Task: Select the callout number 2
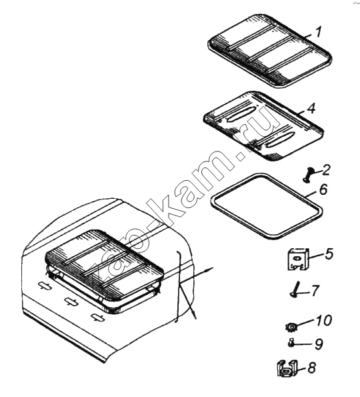pos(326,170)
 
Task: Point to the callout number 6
pos(323,189)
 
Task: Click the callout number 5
pos(329,254)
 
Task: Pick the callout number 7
pos(315,290)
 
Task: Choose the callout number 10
pos(323,320)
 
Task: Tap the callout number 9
pos(319,344)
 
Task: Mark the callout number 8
pos(312,368)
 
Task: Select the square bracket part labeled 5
pos(299,259)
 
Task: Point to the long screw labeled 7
pos(295,290)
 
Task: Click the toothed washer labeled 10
pos(291,327)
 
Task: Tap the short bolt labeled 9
pos(291,343)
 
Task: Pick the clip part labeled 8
pos(287,368)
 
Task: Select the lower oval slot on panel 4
pos(281,139)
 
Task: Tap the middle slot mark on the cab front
pos(71,301)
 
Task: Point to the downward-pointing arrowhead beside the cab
pos(194,315)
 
